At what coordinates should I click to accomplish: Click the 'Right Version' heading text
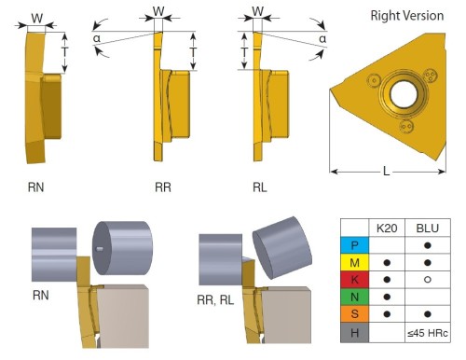click(407, 16)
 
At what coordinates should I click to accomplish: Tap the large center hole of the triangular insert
click(404, 94)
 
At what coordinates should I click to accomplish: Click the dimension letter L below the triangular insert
click(386, 171)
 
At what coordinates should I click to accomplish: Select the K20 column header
click(387, 228)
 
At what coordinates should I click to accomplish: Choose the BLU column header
click(428, 228)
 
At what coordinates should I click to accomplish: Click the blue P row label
click(354, 245)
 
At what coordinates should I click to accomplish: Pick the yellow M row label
click(354, 262)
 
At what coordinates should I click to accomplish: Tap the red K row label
click(354, 280)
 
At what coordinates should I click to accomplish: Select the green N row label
click(354, 297)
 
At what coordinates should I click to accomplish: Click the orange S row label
click(354, 314)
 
